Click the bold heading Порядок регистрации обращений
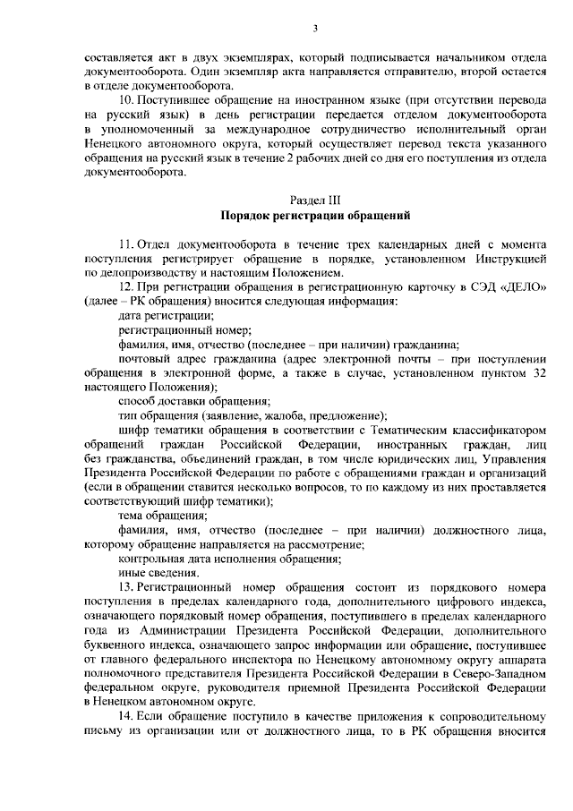[315, 216]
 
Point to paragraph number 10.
[125, 98]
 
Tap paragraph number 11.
[125, 243]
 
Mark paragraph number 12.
[125, 286]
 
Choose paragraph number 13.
[125, 586]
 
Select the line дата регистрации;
[165, 314]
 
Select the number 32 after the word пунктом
[536, 371]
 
